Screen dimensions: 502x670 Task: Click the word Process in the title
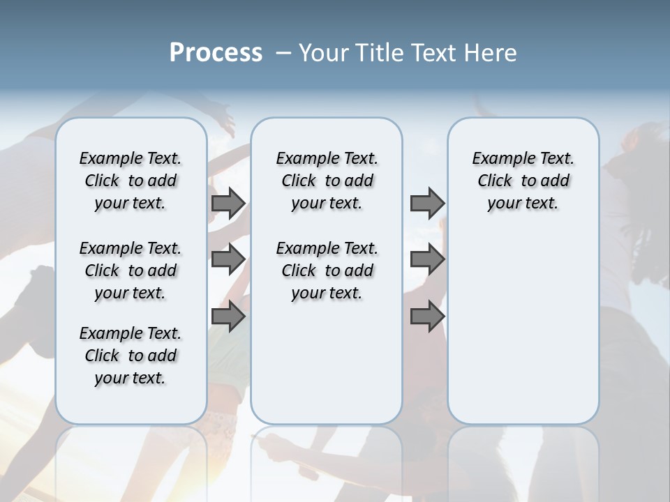[x=216, y=53]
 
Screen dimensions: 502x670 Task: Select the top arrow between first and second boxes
[x=228, y=203]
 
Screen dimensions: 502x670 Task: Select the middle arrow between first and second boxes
[x=228, y=259]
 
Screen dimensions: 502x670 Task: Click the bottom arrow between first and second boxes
[x=228, y=317]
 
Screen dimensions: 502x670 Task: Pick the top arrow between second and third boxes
[x=427, y=203]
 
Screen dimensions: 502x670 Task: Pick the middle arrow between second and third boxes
[x=427, y=259]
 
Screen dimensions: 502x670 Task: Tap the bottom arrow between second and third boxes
[x=427, y=317]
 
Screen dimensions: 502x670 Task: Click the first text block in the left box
[x=131, y=181]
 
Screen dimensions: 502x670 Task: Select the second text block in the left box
[x=131, y=271]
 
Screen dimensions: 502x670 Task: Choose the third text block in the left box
[x=131, y=356]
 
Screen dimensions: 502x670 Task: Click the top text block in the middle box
[x=327, y=181]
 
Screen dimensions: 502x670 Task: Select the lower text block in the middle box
[x=327, y=271]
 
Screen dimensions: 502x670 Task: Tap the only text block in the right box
[x=523, y=181]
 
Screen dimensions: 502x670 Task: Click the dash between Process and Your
[x=283, y=53]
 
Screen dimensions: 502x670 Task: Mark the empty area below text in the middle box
[x=327, y=363]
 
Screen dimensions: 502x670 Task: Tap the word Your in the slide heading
[x=320, y=53]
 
